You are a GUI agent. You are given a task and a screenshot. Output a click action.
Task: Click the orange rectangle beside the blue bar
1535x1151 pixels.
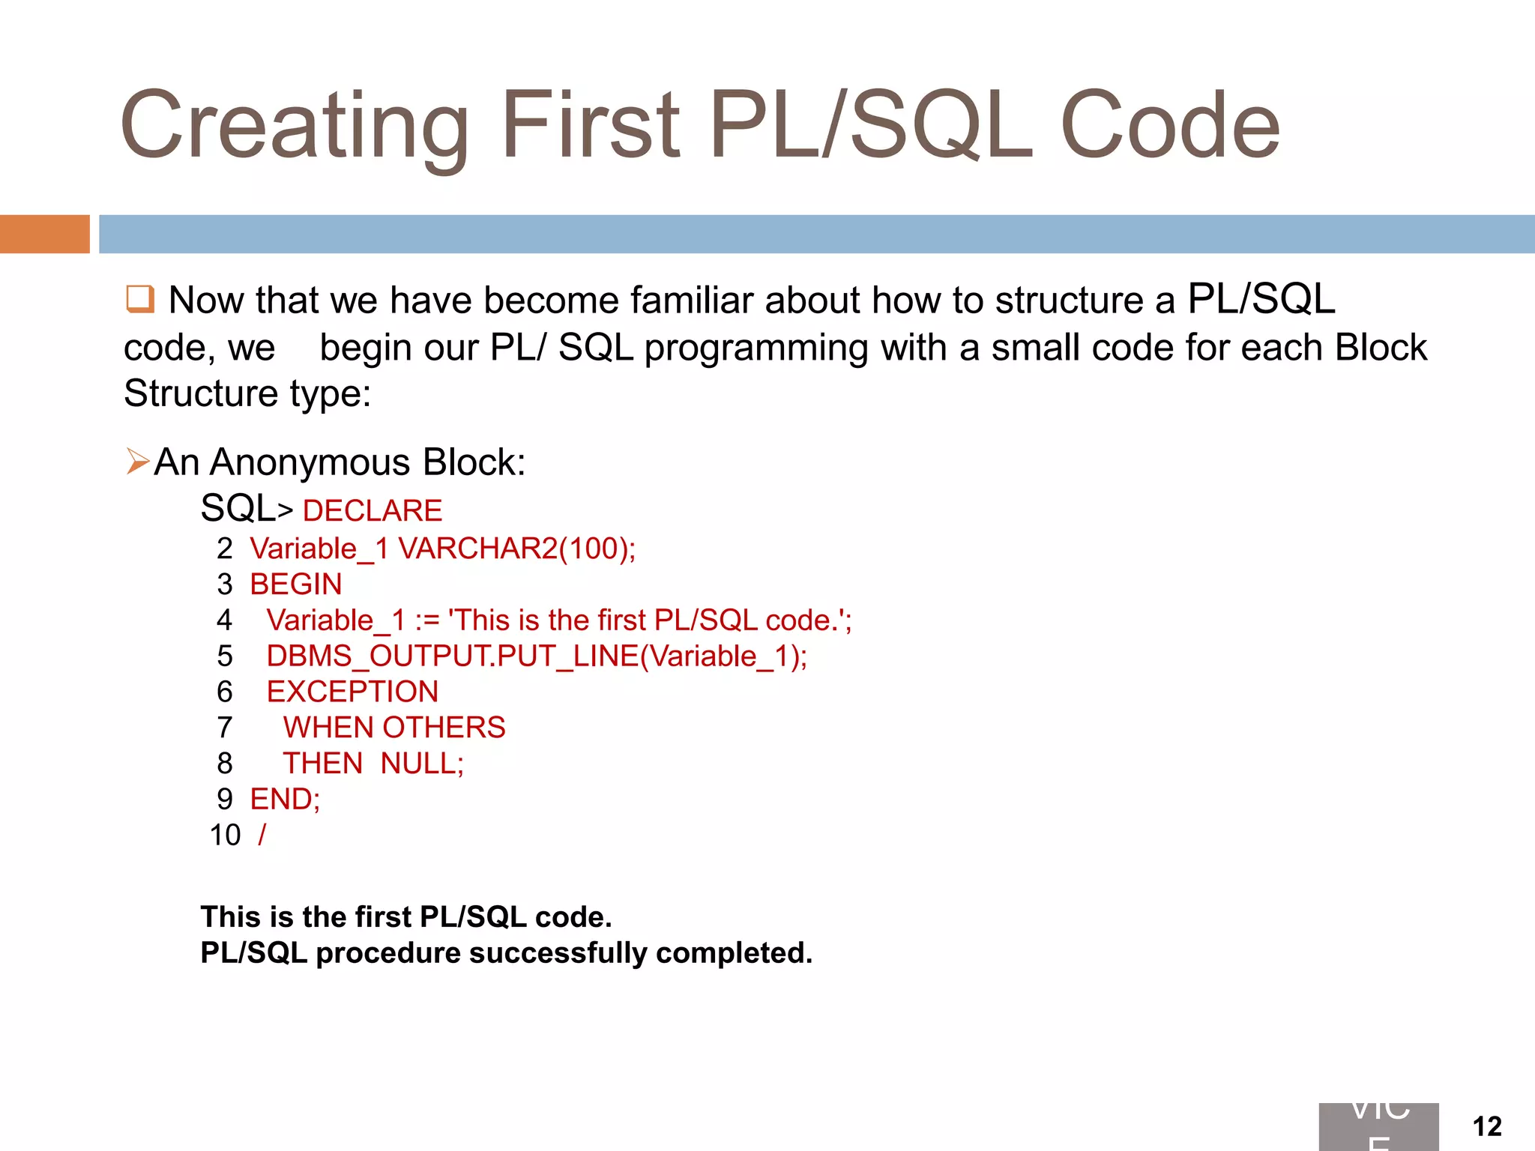coord(44,234)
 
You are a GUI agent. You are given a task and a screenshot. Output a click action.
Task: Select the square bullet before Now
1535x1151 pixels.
coord(139,299)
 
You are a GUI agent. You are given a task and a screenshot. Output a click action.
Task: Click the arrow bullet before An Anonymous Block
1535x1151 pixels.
coord(138,462)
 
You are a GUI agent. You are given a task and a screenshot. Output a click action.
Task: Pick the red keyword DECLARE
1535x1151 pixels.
coord(373,511)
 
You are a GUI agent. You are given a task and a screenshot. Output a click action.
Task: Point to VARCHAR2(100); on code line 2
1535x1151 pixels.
coord(516,549)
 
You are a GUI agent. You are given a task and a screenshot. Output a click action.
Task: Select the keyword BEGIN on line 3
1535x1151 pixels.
coord(296,584)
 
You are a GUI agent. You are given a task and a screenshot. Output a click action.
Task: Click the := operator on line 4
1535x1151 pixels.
coord(427,620)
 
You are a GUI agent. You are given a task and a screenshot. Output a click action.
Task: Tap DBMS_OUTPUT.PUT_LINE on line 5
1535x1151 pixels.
coord(452,656)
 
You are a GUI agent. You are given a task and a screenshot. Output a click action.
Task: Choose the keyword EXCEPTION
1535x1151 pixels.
coord(352,692)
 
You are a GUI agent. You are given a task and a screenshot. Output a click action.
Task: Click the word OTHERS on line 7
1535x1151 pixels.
coord(444,728)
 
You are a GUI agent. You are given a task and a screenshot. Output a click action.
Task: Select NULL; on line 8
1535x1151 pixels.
coord(422,764)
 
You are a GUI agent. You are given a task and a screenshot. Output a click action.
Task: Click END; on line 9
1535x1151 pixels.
coord(285,800)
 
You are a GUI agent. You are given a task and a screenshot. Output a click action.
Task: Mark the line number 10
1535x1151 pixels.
coord(225,836)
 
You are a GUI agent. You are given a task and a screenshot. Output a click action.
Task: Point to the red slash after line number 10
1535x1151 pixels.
coord(262,835)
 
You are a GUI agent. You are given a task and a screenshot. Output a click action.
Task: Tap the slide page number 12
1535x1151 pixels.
coord(1487,1126)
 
